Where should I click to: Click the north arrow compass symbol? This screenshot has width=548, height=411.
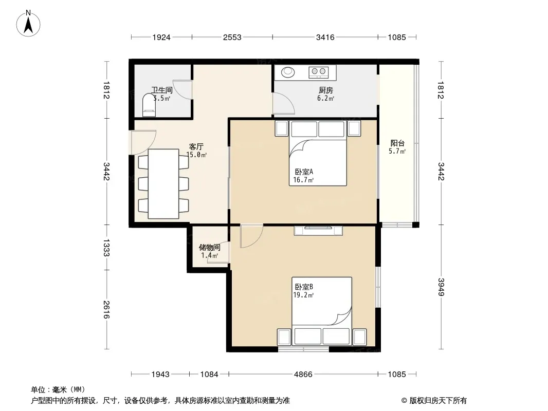(x=28, y=24)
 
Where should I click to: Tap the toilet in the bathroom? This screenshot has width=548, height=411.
(x=149, y=105)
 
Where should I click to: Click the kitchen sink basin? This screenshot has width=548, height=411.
(x=288, y=72)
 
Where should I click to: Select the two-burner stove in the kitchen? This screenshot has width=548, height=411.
(x=319, y=72)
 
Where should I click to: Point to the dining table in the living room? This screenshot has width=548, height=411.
(x=163, y=184)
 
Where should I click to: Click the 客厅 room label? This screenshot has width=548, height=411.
(x=196, y=146)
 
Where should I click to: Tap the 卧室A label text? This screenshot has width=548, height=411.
(x=304, y=172)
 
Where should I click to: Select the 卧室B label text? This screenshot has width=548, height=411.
(x=304, y=287)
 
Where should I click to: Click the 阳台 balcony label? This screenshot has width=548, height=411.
(x=397, y=143)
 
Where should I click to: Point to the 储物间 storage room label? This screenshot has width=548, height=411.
(x=210, y=247)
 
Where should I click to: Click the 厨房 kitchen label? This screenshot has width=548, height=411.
(x=326, y=90)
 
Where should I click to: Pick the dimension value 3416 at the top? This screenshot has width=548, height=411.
(x=325, y=37)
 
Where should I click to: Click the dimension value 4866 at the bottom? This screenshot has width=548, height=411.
(x=303, y=375)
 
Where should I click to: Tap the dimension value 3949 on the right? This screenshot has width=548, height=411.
(x=441, y=287)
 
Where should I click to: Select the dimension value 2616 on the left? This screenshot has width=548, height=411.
(x=106, y=310)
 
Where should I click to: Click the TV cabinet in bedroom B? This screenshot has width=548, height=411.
(x=318, y=231)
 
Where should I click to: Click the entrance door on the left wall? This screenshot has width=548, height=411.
(x=143, y=142)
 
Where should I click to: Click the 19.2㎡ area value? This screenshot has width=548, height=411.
(x=303, y=295)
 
